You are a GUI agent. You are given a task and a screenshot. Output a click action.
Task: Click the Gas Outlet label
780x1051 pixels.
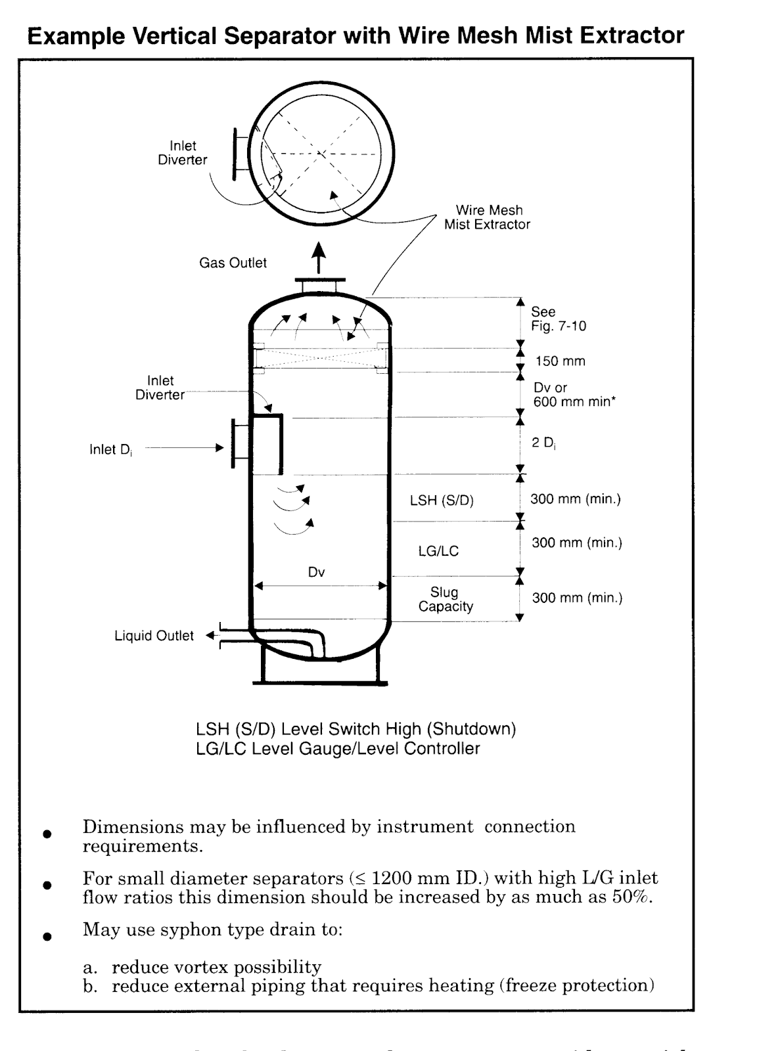coord(233,263)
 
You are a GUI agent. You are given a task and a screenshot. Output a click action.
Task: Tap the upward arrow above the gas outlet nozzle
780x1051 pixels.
coord(319,257)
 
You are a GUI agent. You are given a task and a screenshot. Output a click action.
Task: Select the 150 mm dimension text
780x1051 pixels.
coord(560,361)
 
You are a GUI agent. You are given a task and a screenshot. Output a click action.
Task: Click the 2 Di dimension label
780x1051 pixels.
coord(543,443)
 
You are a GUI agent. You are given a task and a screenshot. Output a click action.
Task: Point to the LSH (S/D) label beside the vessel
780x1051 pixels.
coord(442,501)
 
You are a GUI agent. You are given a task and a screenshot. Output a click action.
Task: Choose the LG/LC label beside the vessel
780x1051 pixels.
coord(438,551)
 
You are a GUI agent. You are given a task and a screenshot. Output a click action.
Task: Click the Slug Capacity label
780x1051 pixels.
coord(445,599)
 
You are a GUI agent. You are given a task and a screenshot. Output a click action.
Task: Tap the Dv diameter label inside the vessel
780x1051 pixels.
coord(317,572)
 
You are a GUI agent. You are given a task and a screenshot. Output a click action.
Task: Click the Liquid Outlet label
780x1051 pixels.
coord(154,636)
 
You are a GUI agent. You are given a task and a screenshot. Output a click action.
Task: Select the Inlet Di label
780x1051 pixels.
coord(110,449)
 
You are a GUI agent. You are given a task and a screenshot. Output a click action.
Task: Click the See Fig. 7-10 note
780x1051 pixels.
coord(558,319)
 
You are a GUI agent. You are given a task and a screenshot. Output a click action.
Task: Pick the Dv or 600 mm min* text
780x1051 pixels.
coord(574,395)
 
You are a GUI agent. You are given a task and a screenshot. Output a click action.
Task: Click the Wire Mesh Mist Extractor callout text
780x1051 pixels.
coord(488,217)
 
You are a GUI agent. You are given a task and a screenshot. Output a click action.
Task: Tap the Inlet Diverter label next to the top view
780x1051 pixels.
coord(183,152)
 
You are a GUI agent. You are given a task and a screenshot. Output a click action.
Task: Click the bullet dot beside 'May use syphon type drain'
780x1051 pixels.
coord(46,936)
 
